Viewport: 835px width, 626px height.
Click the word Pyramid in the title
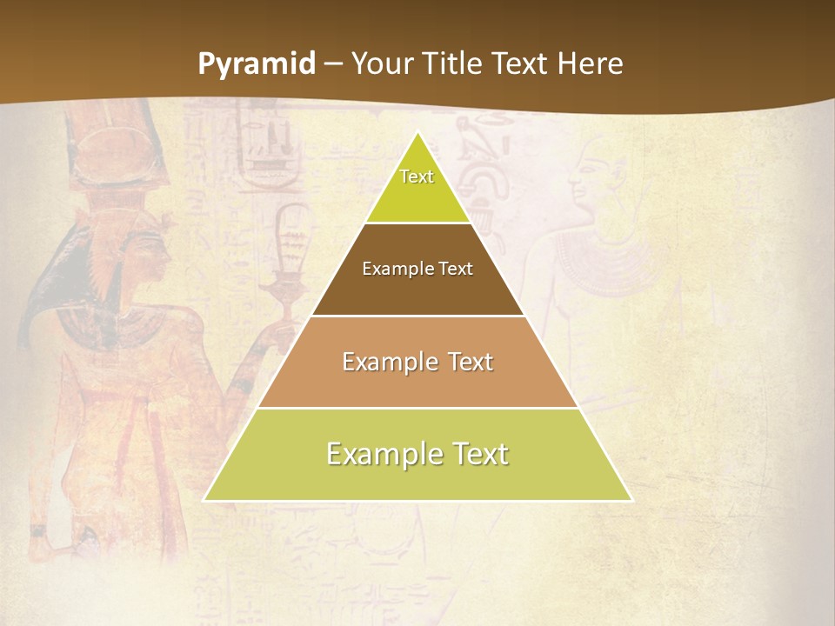click(257, 64)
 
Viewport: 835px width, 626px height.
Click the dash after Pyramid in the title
click(334, 64)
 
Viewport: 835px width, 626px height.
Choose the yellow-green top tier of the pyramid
click(417, 187)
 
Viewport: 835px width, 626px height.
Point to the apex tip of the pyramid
click(417, 133)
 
